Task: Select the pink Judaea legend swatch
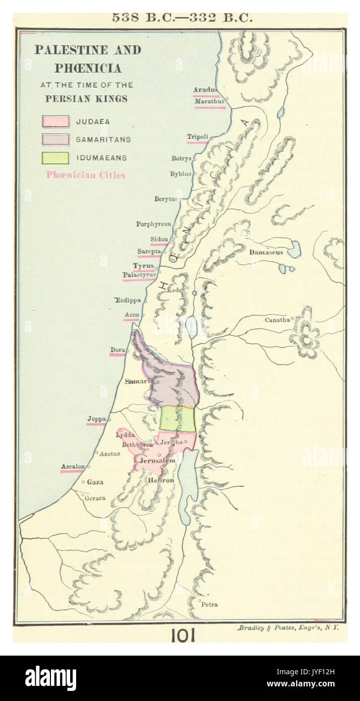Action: coord(55,122)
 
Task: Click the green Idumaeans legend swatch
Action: coord(55,158)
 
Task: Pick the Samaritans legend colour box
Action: coord(55,140)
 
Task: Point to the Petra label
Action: coord(209,604)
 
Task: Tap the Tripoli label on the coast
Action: coord(198,137)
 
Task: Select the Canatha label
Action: coord(277,320)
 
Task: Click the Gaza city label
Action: coord(95,482)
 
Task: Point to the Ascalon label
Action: coord(73,466)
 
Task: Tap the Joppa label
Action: coord(96,419)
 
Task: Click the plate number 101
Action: coord(182,636)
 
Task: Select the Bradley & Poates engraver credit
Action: coord(288,628)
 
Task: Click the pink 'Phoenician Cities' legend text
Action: coord(86,176)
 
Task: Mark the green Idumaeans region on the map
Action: coord(177,419)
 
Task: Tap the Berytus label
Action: coord(166,199)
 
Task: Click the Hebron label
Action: coord(160,481)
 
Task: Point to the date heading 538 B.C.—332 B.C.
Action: coord(182,18)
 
